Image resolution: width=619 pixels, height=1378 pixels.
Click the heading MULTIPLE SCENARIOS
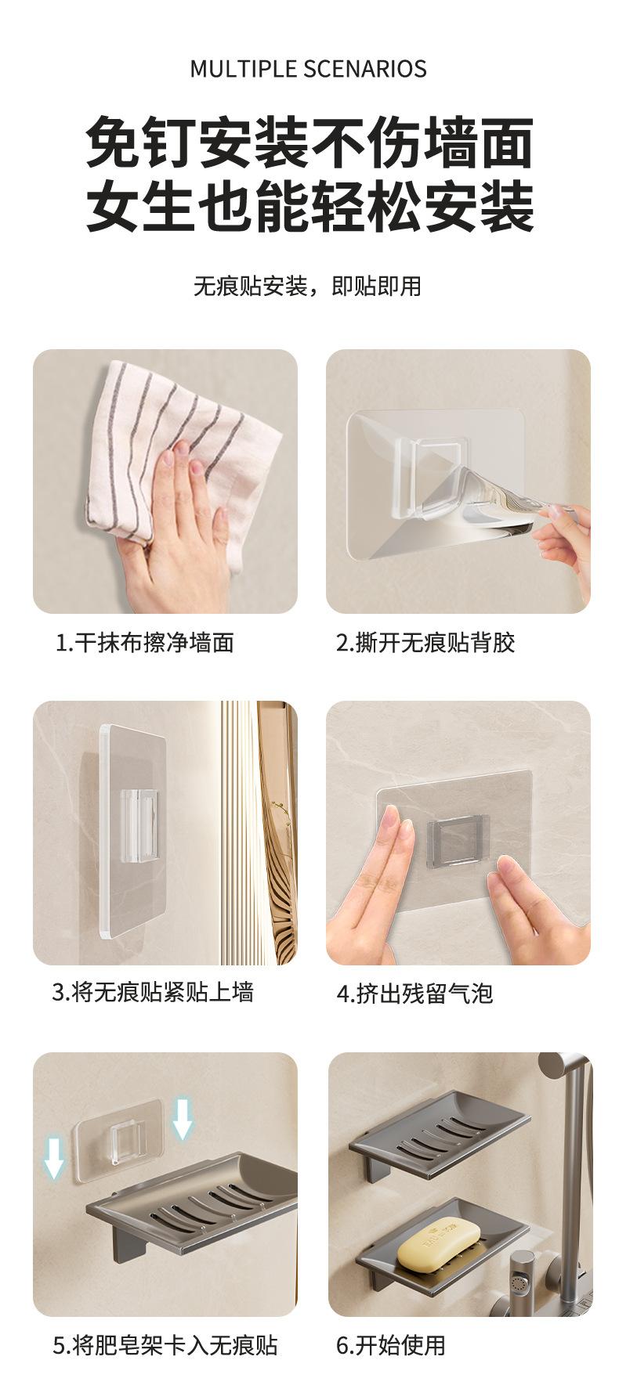point(308,69)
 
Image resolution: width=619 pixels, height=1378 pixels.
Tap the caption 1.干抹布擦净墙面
point(145,644)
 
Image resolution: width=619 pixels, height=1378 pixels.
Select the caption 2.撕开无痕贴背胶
point(426,644)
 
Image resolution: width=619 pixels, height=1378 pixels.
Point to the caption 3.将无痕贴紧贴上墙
point(153,993)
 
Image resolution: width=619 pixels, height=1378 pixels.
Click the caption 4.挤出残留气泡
point(415,994)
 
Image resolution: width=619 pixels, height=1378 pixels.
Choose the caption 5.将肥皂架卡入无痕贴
point(165,1346)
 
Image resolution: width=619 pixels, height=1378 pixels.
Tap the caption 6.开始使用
point(391,1346)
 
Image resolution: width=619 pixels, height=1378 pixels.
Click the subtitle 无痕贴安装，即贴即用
point(307,287)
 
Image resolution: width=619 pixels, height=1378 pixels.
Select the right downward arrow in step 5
point(183,1117)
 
